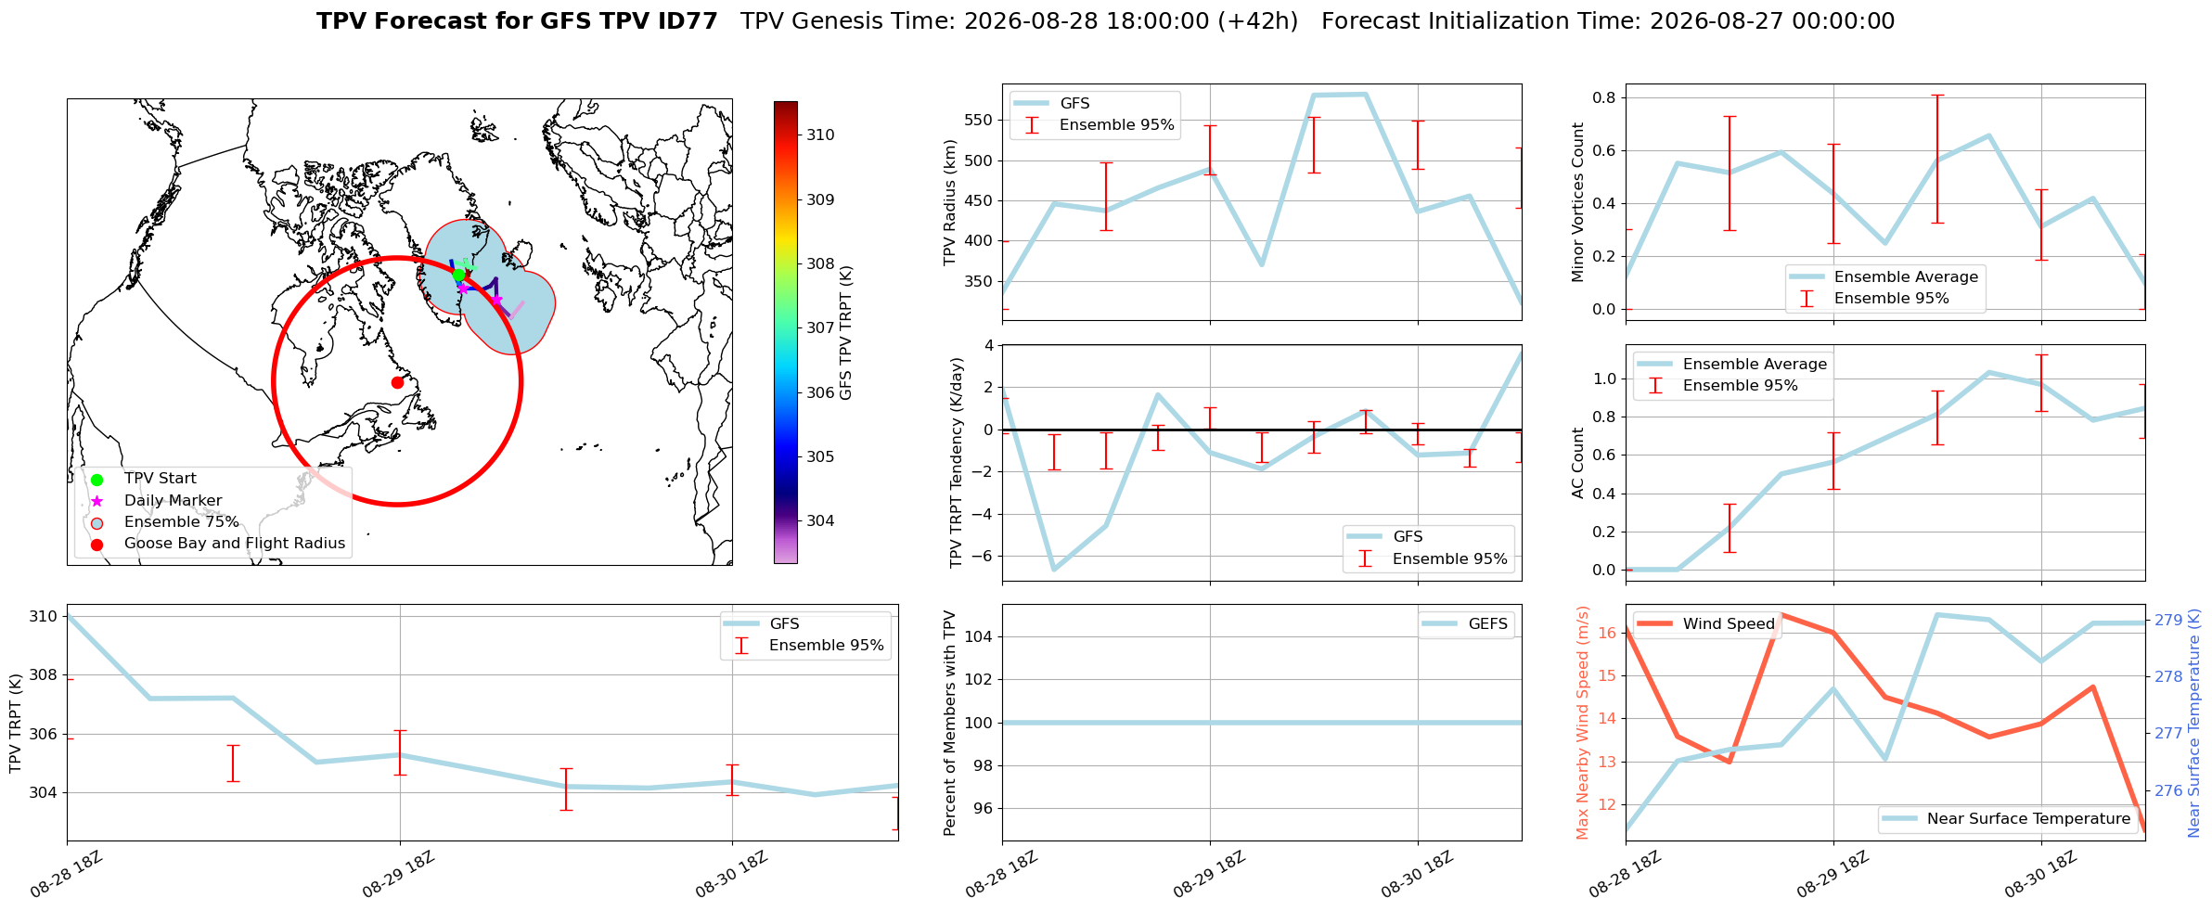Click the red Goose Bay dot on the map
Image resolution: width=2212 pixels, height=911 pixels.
pos(397,382)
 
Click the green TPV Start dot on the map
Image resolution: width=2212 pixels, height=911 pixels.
pos(458,275)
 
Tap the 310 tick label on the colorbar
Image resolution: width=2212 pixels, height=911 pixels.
pos(820,135)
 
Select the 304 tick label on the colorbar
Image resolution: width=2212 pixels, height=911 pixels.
pos(820,520)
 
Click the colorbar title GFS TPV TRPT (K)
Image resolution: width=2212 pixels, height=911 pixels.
pos(845,333)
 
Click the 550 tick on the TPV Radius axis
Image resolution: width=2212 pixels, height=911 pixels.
pos(981,121)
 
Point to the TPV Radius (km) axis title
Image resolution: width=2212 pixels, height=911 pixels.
pos(950,202)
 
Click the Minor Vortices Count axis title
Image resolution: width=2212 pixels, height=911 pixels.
pos(1578,202)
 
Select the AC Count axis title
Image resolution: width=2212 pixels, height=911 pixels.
pos(1578,463)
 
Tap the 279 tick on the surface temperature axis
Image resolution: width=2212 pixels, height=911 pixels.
pos(2168,620)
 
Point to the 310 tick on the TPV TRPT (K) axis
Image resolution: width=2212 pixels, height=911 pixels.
pos(45,616)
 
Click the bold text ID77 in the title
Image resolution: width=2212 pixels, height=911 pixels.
pos(688,21)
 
